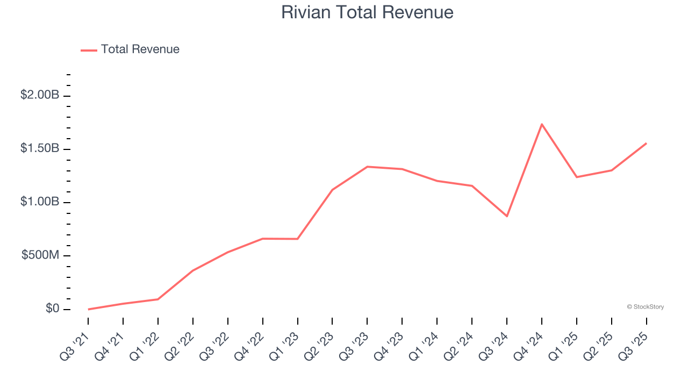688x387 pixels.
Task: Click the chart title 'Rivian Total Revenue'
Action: (367, 12)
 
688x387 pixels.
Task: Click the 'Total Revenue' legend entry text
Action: (140, 49)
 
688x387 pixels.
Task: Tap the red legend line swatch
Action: (89, 50)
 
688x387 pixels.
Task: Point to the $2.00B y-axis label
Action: (40, 95)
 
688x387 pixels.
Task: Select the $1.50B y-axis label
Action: (40, 148)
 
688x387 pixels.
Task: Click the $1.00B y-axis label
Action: (40, 202)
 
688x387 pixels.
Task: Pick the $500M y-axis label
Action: (40, 255)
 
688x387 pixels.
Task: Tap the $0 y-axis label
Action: (52, 309)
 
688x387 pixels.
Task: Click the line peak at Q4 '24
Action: (542, 124)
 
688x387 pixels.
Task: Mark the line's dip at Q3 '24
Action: (507, 216)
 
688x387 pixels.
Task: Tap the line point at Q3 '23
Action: (367, 167)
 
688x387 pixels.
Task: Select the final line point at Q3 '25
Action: (646, 144)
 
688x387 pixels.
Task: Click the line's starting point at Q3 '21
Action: (88, 309)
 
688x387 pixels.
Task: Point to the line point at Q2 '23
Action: (332, 190)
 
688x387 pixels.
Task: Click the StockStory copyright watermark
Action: (645, 307)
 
